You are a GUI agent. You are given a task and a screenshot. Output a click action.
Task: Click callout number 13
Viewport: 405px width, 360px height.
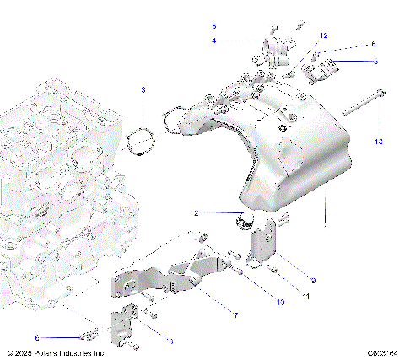[x=379, y=142]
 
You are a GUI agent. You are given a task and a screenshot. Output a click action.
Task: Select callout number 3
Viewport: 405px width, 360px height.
[x=143, y=89]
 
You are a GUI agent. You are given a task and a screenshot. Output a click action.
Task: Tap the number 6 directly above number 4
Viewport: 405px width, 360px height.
[x=213, y=27]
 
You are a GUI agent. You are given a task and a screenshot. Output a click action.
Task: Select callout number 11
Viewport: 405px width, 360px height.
[x=305, y=297]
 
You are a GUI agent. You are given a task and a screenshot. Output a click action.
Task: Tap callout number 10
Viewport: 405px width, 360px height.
[x=282, y=301]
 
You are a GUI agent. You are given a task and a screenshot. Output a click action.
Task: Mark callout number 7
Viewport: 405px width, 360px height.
[x=235, y=315]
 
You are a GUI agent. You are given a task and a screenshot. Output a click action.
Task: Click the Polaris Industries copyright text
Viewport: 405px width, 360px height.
[x=55, y=353]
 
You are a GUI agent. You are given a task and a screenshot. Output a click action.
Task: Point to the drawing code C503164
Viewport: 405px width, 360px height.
[x=383, y=353]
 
